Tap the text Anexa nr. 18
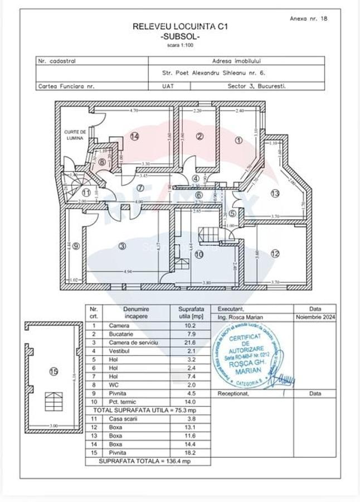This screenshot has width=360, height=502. click(308, 18)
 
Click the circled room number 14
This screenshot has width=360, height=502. click(134, 136)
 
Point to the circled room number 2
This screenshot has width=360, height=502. click(200, 136)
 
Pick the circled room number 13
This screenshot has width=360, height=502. click(274, 193)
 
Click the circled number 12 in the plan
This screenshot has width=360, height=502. click(275, 253)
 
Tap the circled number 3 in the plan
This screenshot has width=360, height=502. click(122, 247)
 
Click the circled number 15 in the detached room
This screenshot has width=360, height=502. click(53, 373)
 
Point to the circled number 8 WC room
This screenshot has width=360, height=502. click(101, 162)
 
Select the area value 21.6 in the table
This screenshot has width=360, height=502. click(191, 342)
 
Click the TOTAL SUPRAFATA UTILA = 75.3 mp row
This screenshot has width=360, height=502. click(148, 410)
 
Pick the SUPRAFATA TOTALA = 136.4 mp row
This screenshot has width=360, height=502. click(148, 462)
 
